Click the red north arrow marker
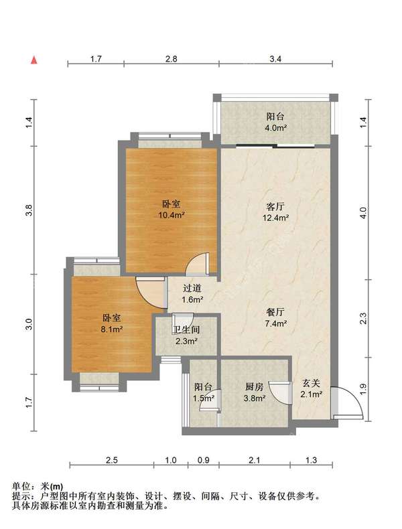pos(33,60)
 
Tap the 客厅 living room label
pos(275,206)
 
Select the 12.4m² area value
pos(275,218)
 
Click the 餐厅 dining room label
pos(275,312)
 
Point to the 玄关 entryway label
pos(311,383)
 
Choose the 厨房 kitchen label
pos(254,386)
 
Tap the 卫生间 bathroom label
pos(186,329)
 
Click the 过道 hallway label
pos(192,288)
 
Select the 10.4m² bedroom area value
pos(171,215)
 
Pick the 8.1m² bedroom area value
pos(111,329)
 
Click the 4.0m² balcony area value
pos(276,128)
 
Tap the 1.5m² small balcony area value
pos(204,398)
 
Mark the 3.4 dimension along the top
pos(275,59)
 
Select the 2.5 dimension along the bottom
pos(111,460)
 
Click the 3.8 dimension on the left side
pos(29,210)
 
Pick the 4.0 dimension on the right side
pos(363,213)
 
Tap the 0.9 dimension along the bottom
pos(203,460)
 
